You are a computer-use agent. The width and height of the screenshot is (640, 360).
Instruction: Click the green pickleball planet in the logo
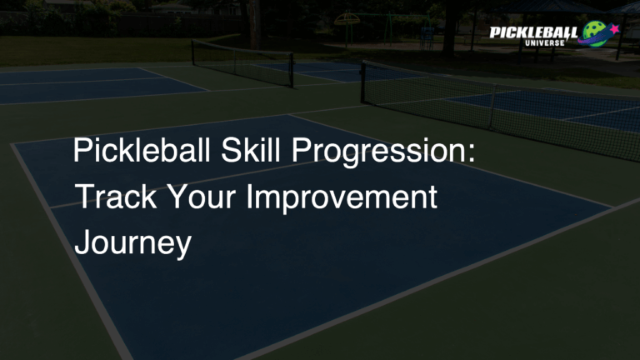coord(600,34)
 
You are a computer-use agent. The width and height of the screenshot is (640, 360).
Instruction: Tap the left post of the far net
coord(192,53)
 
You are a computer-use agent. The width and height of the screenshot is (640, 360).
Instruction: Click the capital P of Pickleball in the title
coord(81,152)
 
